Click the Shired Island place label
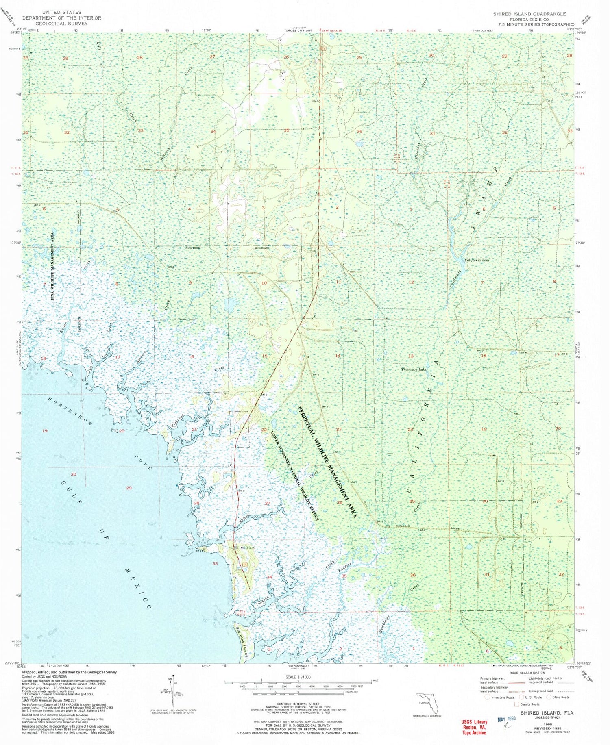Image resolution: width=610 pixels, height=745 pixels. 244,547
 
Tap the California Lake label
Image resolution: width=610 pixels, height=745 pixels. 477,260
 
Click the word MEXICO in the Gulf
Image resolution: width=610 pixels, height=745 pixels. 137,586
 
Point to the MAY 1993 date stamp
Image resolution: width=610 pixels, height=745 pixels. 506,718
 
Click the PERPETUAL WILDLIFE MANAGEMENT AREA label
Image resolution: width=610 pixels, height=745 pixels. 327,461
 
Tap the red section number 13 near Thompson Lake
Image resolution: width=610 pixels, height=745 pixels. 411,356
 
